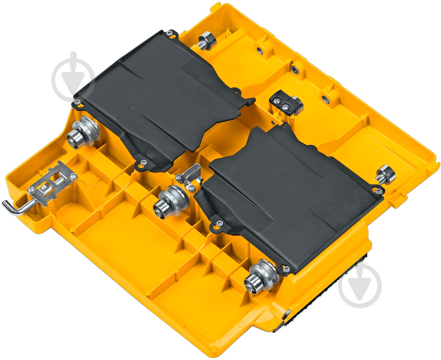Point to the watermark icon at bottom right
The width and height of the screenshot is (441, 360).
pos(360,286)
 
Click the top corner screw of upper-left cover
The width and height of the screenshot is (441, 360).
pos(170,33)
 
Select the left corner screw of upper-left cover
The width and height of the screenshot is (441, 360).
pos(77,101)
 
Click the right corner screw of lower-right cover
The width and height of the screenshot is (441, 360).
pos(379,191)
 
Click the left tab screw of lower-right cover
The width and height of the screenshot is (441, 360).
pos(219,223)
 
